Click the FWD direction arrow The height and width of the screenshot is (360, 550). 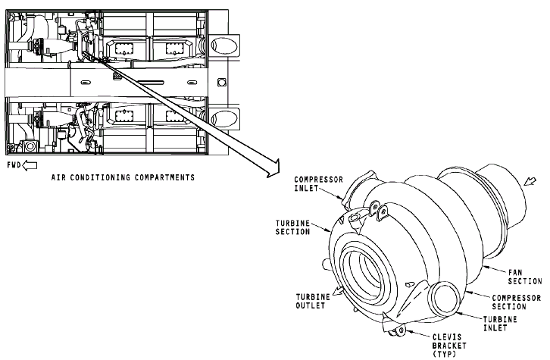point(30,165)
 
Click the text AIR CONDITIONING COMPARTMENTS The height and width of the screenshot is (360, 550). point(123,177)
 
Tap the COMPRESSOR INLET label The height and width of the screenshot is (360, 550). point(318,184)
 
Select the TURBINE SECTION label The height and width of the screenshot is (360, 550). point(292,227)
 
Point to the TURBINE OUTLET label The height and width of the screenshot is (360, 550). point(313,301)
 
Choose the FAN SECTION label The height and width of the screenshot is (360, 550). point(525,277)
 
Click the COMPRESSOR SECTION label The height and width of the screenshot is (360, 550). point(517,302)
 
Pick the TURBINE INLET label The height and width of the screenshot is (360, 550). point(500,324)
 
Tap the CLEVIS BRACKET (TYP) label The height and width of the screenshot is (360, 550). point(449,346)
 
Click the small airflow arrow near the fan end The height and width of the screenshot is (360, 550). point(530,181)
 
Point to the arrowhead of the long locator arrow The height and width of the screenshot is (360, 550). point(273,168)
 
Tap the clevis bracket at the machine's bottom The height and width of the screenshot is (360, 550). point(395,329)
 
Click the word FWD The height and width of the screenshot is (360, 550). point(14,164)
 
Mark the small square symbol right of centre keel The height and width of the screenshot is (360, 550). point(221,83)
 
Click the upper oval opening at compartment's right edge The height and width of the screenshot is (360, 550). point(224,45)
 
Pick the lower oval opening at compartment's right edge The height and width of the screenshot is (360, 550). point(224,118)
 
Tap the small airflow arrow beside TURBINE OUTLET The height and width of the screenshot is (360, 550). point(338,291)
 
